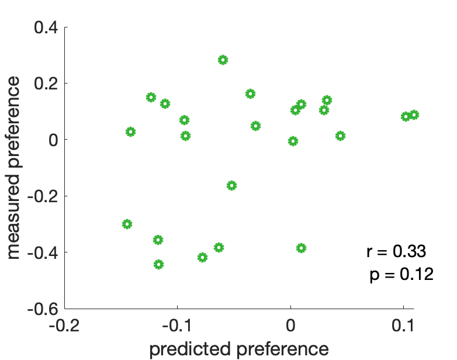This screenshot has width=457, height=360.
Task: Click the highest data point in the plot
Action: [223, 60]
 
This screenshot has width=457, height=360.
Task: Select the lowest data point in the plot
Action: [158, 264]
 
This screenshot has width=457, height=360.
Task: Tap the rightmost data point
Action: [414, 115]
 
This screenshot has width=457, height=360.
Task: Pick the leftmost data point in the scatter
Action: [127, 224]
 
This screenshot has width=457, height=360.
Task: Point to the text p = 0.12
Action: [401, 274]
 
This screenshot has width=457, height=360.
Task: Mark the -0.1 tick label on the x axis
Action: [177, 325]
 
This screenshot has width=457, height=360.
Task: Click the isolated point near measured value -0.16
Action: [231, 185]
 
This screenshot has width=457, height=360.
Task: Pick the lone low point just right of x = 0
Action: [301, 248]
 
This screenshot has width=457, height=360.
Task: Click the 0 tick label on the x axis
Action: [290, 325]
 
